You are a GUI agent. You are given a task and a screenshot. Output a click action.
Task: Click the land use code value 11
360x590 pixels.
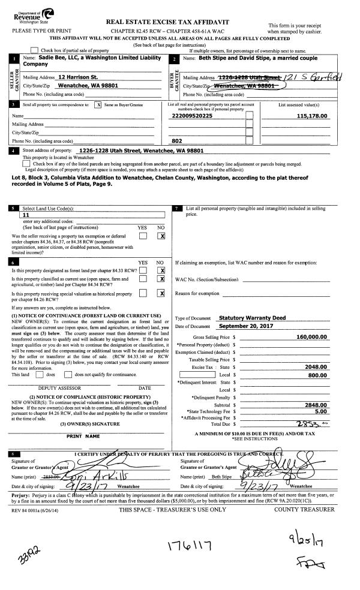click(x=25, y=214)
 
